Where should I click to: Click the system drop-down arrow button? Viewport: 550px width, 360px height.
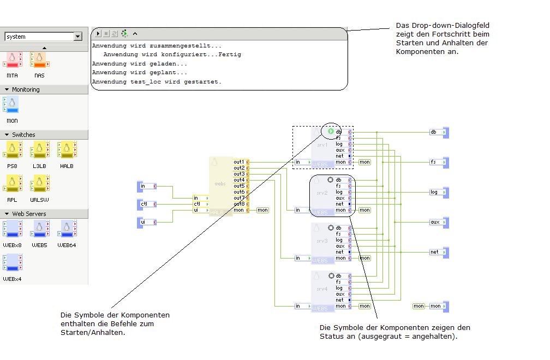[x=78, y=37]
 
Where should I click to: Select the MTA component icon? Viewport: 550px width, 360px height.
[x=13, y=59]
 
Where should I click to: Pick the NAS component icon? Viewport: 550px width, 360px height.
[x=39, y=59]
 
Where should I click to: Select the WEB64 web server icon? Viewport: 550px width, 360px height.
[x=67, y=229]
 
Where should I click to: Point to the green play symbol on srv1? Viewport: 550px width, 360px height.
[x=331, y=131]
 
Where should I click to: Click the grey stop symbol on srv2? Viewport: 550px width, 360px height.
[x=330, y=179]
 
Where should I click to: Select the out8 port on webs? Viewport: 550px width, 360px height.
[x=240, y=204]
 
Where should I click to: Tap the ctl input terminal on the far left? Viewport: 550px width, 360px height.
[x=147, y=204]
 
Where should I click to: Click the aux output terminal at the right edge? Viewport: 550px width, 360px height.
[x=438, y=222]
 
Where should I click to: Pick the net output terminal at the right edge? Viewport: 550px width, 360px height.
[x=438, y=252]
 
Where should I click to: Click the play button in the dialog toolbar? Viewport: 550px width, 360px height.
[x=98, y=34]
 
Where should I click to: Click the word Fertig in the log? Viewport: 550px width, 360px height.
[x=229, y=55]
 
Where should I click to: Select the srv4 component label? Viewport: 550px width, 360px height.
[x=322, y=289]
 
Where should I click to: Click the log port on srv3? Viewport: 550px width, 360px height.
[x=339, y=240]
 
